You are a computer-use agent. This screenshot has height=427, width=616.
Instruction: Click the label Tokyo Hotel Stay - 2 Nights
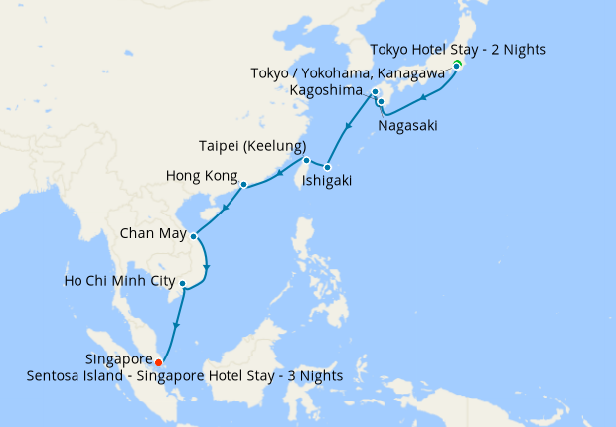tap(457, 49)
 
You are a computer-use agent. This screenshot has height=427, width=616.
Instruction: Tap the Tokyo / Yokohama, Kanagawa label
tap(369, 73)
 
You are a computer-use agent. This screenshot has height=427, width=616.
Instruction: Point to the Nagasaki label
tap(406, 126)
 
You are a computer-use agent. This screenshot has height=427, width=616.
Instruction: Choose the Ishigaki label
tap(327, 181)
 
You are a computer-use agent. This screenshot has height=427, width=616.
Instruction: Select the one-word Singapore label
tap(118, 360)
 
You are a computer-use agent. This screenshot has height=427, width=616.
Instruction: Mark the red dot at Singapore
tap(159, 362)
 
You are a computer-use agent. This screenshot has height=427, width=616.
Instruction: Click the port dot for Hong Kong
tap(243, 184)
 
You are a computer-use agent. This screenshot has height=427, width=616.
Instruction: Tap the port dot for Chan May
tap(193, 237)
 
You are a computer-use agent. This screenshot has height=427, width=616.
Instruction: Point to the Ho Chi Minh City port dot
tap(182, 284)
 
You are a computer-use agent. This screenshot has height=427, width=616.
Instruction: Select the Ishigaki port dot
tap(327, 166)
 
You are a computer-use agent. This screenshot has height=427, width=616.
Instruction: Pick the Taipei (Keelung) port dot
tap(306, 161)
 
